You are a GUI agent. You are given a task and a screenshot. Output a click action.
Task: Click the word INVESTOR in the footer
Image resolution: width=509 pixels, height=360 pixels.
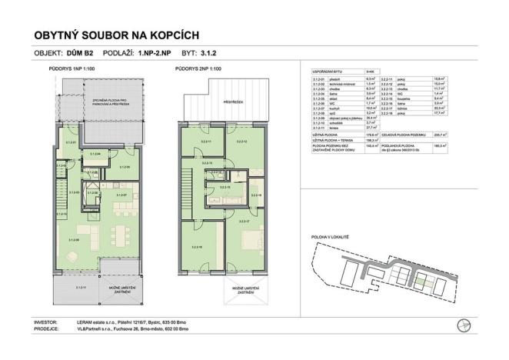pos(48,322)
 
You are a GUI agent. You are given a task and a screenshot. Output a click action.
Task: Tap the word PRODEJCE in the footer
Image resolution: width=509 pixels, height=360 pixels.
pos(48,329)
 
